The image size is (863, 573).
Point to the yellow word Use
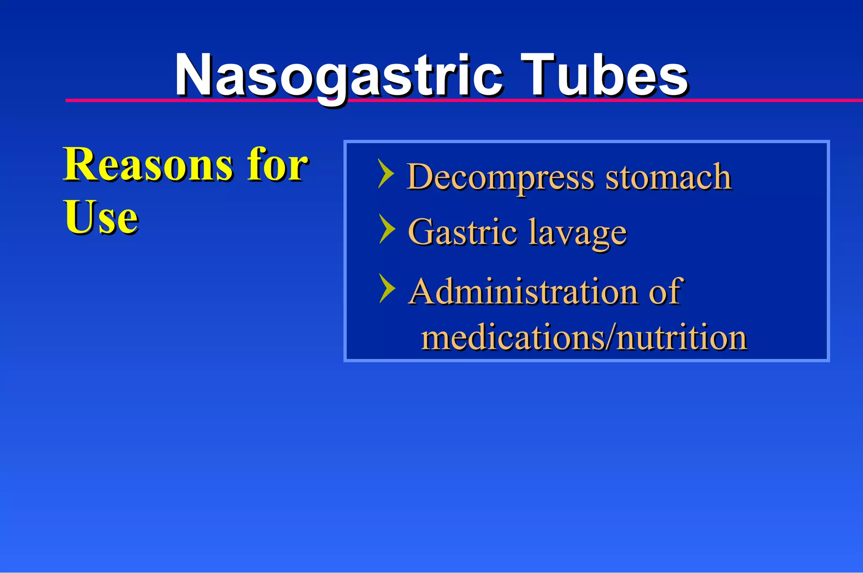coord(101,217)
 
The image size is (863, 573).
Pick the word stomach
coord(668,177)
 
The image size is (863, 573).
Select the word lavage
coord(577,233)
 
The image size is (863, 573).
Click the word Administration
coord(523,291)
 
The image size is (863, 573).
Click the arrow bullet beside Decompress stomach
coord(386,173)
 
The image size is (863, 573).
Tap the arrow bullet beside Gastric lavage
coord(387,229)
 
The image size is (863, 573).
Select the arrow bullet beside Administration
coord(387,288)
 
